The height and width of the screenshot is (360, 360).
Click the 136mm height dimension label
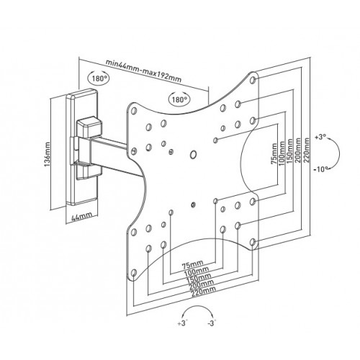[x=48, y=154]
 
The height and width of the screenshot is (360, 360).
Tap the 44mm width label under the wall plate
[x=82, y=216]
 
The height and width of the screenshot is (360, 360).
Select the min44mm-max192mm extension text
[x=143, y=71]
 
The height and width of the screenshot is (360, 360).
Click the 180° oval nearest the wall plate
[x=99, y=78]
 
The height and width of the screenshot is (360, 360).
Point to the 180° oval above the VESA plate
[x=179, y=99]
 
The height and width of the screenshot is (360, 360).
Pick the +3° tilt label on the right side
[x=320, y=138]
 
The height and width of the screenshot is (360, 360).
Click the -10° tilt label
[x=320, y=169]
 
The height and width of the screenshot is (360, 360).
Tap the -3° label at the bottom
[x=211, y=323]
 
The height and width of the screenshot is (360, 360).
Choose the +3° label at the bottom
[x=183, y=323]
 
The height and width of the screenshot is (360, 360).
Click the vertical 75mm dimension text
[x=274, y=153]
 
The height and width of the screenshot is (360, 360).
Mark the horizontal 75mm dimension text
[x=192, y=264]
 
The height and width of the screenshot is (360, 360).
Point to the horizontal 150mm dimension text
[x=199, y=278]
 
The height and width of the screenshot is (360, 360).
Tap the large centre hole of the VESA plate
[x=193, y=154]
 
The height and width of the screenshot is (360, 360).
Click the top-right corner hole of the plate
[x=253, y=80]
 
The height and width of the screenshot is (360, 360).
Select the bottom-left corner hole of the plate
[x=134, y=273]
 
